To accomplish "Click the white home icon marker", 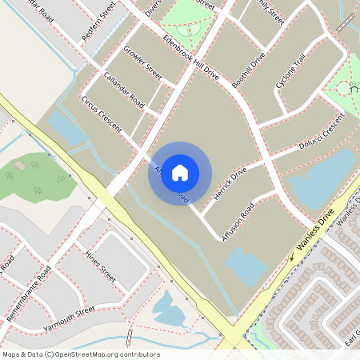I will (x=180, y=172).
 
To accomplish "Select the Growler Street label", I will (x=142, y=62).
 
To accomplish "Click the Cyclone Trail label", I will (x=290, y=72).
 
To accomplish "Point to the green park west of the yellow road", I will (x=32, y=176).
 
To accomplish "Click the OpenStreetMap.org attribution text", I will (x=80, y=354).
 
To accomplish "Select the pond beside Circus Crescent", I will (x=64, y=128).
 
